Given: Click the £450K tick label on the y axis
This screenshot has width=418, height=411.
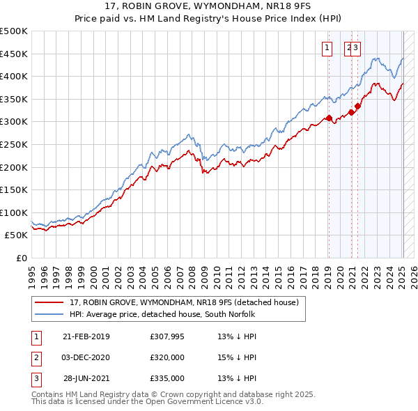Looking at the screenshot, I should [14, 54].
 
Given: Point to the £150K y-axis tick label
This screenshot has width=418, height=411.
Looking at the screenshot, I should [14, 189].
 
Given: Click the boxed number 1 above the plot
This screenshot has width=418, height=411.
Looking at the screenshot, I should [327, 47].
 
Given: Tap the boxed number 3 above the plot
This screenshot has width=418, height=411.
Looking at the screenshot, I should [355, 47].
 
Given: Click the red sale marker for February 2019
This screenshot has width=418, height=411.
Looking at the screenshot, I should [328, 118].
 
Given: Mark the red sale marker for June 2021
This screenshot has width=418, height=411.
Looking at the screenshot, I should [357, 106].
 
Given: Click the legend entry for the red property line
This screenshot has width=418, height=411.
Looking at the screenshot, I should [184, 302].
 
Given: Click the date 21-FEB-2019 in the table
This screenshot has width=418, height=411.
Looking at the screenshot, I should [86, 337].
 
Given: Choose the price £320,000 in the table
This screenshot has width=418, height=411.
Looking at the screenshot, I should [167, 357].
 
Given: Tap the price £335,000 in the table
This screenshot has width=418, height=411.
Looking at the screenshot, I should [167, 378].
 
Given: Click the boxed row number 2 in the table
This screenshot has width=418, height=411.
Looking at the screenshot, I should [36, 357].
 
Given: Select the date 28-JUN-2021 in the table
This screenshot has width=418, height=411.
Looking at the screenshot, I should [86, 378].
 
